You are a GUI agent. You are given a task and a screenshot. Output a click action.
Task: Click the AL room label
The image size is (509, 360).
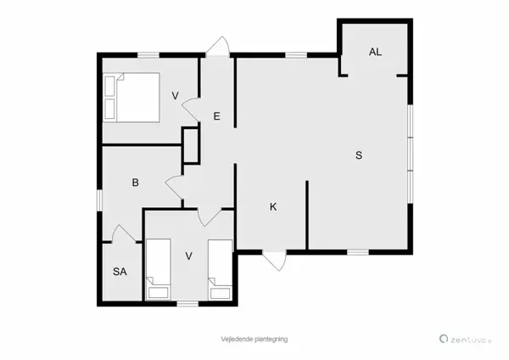click(x=375, y=52)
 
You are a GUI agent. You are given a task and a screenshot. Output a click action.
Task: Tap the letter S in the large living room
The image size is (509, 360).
click(x=359, y=155)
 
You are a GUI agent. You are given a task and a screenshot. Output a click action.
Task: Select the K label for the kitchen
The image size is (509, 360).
click(x=273, y=207)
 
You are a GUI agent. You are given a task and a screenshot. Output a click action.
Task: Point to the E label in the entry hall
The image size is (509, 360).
click(x=217, y=116)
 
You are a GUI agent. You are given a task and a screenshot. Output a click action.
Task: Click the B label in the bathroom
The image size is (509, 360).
click(x=135, y=182)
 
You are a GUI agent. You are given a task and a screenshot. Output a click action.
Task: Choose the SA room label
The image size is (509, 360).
click(x=120, y=272)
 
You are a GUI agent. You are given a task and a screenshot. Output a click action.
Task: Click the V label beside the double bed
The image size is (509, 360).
click(x=176, y=95)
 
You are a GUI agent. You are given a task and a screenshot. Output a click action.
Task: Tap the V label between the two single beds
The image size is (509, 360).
click(x=189, y=256)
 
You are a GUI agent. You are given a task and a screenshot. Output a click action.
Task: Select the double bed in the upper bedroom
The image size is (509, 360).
click(x=131, y=96)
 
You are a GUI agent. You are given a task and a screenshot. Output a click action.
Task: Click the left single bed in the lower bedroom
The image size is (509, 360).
click(x=158, y=268)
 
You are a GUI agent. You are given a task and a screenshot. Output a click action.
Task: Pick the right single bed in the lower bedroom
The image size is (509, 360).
click(x=220, y=268)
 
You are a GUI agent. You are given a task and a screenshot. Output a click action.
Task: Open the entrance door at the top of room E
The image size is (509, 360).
click(x=217, y=48)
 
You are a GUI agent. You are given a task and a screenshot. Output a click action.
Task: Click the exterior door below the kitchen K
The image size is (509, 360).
click(x=274, y=261)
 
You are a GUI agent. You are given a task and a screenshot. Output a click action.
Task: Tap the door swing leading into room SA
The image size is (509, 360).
click(x=124, y=233)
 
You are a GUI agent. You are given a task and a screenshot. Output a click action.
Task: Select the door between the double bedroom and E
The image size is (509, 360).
click(x=192, y=109)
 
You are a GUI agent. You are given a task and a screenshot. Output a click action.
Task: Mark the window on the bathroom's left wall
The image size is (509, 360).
click(x=100, y=198)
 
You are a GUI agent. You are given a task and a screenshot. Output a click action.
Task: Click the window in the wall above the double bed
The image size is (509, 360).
click(x=148, y=55)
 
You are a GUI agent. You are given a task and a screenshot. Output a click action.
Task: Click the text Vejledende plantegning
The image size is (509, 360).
click(x=255, y=338)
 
